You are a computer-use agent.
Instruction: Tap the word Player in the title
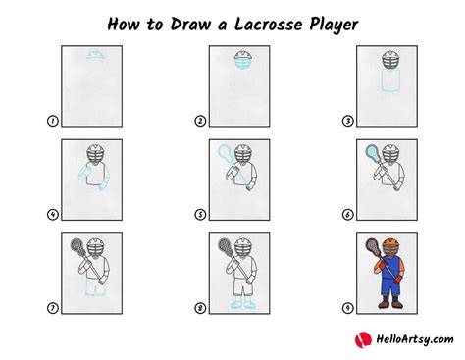[334, 25]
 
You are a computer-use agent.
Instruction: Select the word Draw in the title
[190, 25]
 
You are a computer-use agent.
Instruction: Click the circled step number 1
[52, 121]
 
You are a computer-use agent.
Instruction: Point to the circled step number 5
[200, 215]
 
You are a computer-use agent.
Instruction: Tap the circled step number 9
[347, 308]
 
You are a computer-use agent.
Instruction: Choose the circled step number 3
[347, 121]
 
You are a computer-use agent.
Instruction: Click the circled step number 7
[52, 308]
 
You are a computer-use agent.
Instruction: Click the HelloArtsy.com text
[415, 339]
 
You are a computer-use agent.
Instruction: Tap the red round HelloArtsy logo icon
[363, 339]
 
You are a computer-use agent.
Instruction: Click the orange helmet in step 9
[390, 243]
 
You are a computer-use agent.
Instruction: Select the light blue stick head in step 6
[373, 151]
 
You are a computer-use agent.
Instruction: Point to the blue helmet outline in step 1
[96, 55]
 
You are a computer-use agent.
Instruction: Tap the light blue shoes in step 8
[242, 305]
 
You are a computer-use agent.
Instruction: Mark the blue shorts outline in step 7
[96, 287]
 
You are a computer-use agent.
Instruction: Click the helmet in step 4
[96, 154]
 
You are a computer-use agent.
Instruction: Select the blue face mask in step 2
[243, 63]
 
